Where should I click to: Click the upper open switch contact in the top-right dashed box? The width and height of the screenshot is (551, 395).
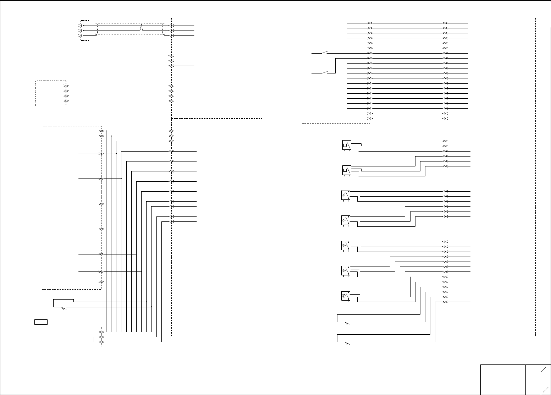(x=325, y=53)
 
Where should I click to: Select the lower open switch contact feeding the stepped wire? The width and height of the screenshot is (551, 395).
(x=325, y=73)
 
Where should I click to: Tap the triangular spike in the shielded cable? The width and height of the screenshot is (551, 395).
(x=142, y=27)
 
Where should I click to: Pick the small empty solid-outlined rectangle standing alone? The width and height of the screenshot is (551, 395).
(x=41, y=322)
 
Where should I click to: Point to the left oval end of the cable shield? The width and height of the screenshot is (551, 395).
(x=96, y=29)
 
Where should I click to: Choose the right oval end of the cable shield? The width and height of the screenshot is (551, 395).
(x=164, y=29)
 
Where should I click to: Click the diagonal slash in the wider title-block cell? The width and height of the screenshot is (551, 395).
(x=543, y=370)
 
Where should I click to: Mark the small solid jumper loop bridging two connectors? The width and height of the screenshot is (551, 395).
(x=95, y=339)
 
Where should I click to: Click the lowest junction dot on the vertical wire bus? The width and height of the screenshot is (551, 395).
(x=151, y=307)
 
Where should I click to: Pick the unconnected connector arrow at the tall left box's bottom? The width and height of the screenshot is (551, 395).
(x=101, y=281)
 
